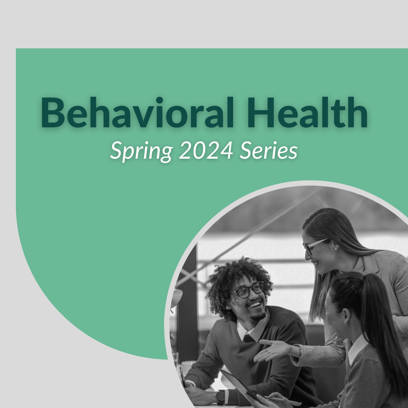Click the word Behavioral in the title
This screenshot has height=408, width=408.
pyautogui.click(x=137, y=113)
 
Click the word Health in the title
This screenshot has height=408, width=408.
pyautogui.click(x=307, y=113)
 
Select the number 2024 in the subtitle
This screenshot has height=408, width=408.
pyautogui.click(x=206, y=150)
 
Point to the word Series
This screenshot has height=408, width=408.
pyautogui.click(x=268, y=150)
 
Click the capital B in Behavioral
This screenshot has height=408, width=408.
pyautogui.click(x=53, y=113)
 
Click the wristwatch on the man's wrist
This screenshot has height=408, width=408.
pyautogui.click(x=221, y=397)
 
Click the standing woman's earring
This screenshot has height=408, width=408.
pyautogui.click(x=335, y=249)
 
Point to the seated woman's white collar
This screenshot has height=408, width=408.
pyautogui.click(x=357, y=349)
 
